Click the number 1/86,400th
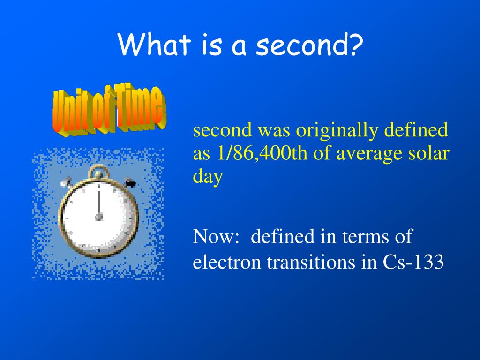[x=262, y=153]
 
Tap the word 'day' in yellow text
[x=208, y=177]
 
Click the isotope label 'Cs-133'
[x=413, y=262]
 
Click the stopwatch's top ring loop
[x=98, y=168]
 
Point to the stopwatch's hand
[x=98, y=202]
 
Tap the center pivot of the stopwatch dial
[x=98, y=217]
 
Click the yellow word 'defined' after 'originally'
[x=416, y=129]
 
